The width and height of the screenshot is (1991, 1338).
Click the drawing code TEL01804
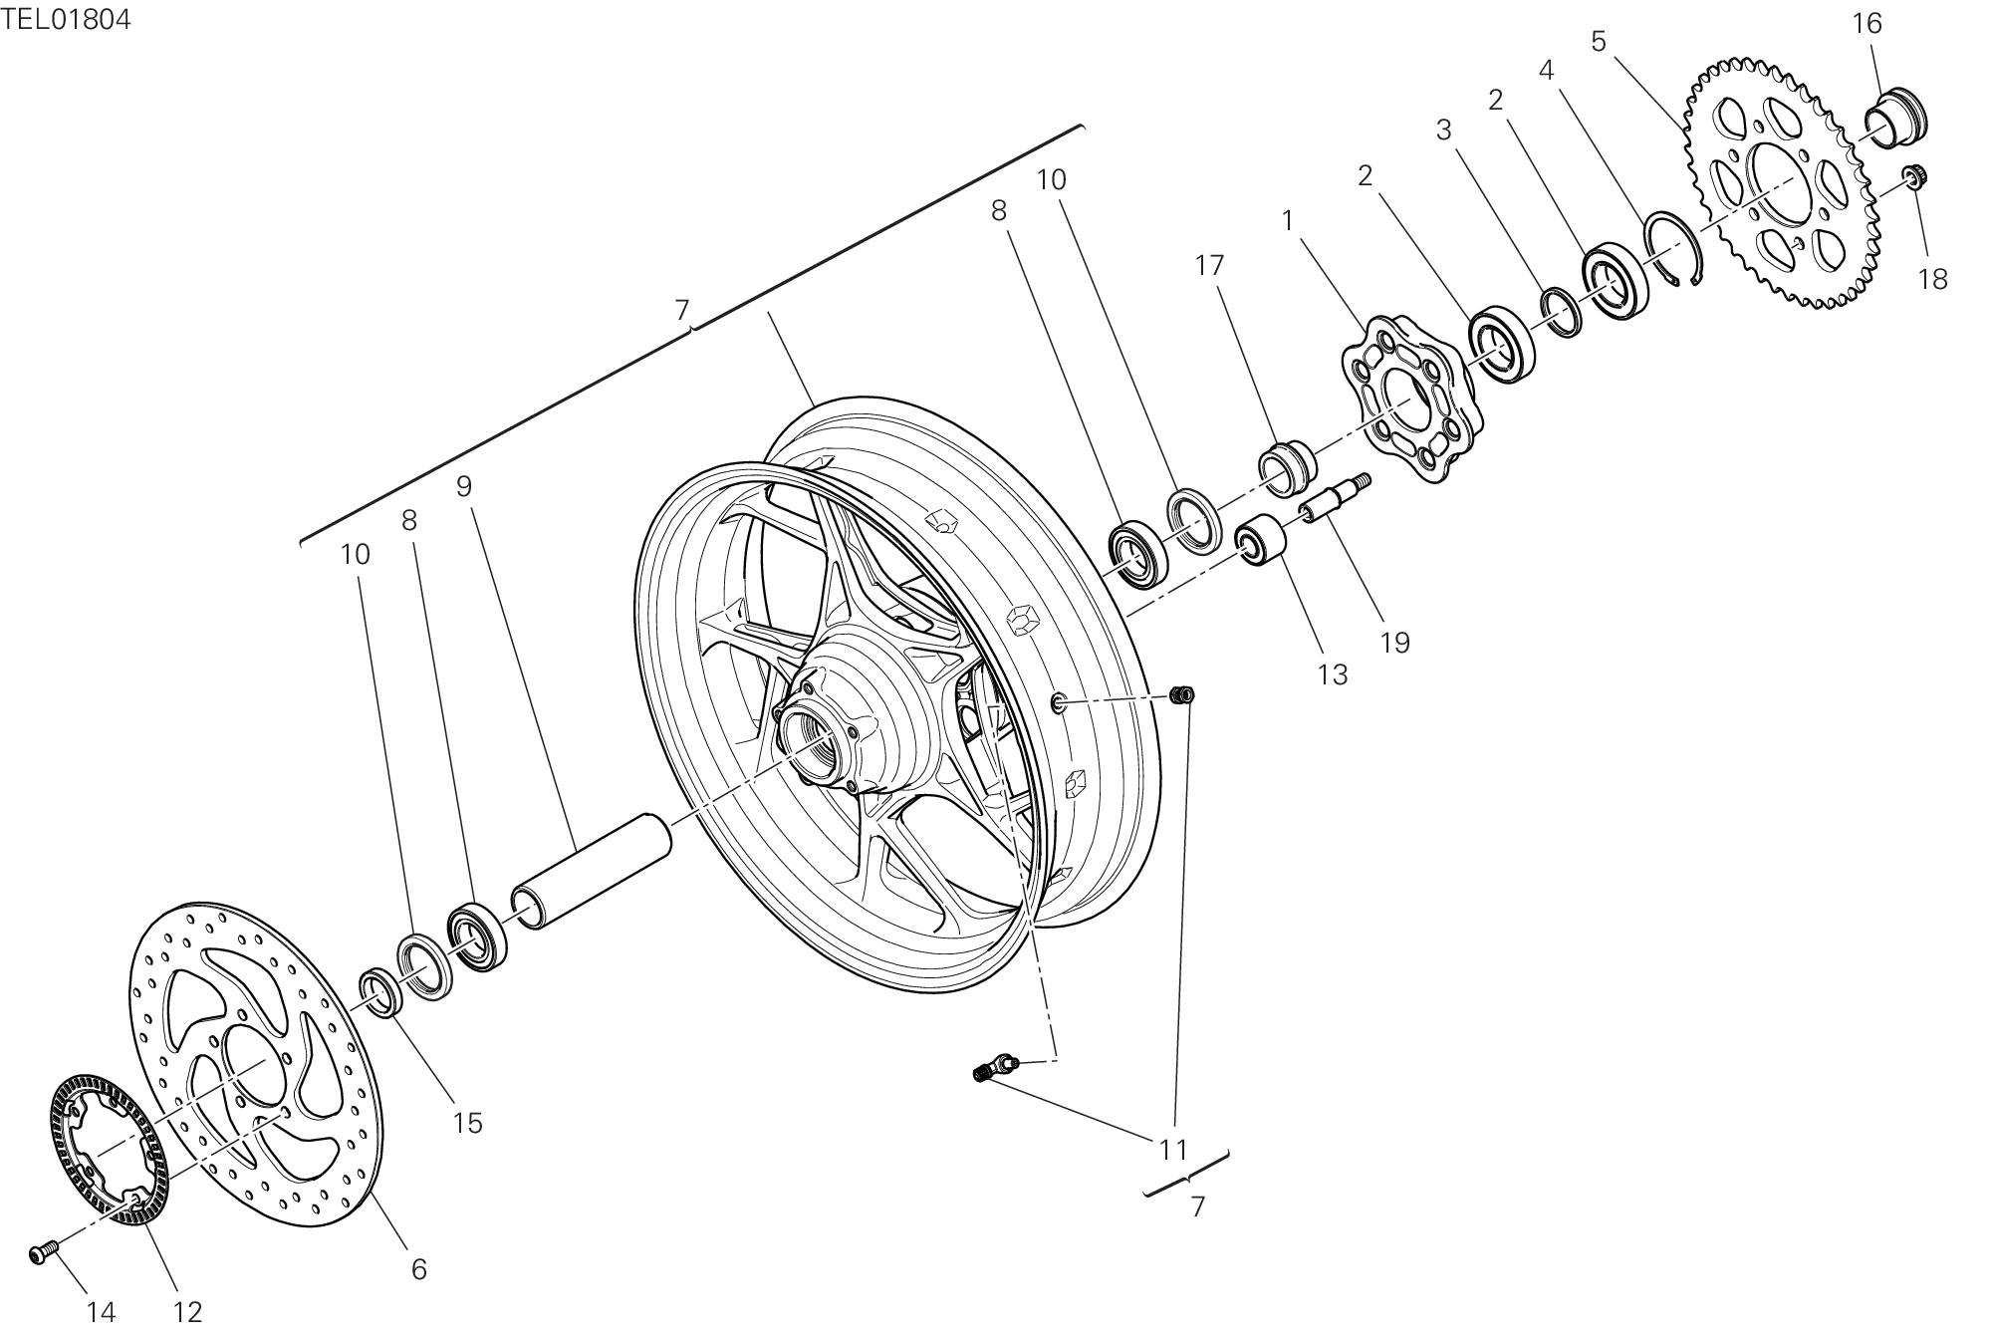tap(66, 19)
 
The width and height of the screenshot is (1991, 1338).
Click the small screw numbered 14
tap(43, 1252)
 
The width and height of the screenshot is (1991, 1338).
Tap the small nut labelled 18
tap(1910, 177)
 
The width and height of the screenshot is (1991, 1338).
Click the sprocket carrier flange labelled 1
tap(1410, 400)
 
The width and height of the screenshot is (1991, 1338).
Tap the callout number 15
tap(467, 1123)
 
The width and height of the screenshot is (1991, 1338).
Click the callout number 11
tap(1174, 1150)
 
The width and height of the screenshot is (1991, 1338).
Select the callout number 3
tap(1443, 130)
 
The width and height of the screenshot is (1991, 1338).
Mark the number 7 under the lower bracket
tap(1197, 1206)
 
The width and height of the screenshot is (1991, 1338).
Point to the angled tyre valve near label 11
tap(992, 1067)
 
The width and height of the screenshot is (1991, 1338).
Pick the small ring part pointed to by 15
tap(380, 991)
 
